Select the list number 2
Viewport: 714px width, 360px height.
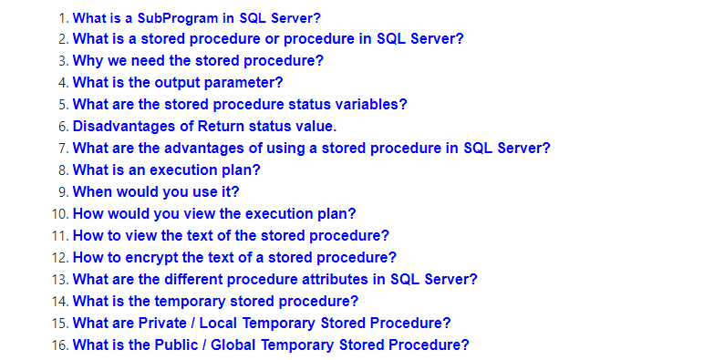(62, 39)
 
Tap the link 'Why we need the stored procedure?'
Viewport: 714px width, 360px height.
(198, 61)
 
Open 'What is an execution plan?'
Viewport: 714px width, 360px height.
(167, 170)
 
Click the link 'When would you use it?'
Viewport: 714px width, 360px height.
(155, 192)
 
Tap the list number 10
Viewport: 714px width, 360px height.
(59, 214)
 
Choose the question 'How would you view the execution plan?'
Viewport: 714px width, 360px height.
(214, 214)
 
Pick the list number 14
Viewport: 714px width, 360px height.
(59, 302)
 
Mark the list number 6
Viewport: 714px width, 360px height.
(62, 127)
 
